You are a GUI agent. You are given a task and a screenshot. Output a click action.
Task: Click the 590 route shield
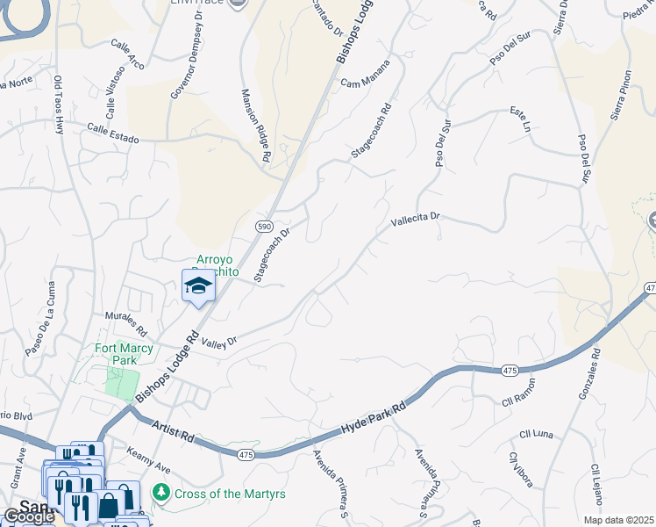point(263,227)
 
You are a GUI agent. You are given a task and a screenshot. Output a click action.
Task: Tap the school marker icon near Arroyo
point(198,286)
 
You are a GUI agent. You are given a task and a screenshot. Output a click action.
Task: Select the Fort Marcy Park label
point(124,354)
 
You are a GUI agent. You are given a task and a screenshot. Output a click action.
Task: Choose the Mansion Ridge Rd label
point(254,123)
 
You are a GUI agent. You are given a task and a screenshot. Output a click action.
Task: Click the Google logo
point(28,516)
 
